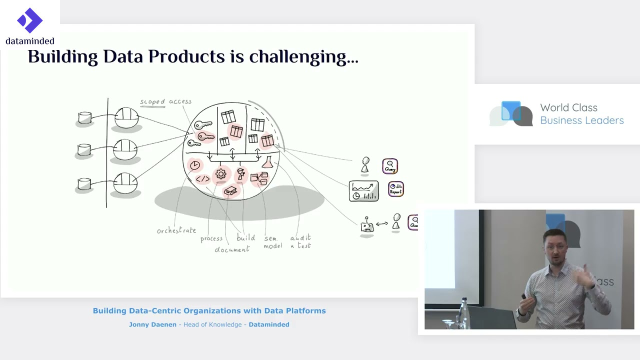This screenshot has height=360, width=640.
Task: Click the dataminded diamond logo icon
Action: click(29, 20)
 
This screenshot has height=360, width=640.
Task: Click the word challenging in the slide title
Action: click(303, 57)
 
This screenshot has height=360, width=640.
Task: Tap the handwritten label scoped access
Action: click(165, 101)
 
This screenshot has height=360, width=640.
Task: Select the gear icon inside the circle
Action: click(220, 174)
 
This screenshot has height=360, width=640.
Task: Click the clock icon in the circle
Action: click(195, 165)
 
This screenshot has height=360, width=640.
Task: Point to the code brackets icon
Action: click(202, 179)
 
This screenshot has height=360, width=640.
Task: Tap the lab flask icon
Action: click(268, 162)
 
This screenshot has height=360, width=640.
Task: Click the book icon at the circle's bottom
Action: click(230, 190)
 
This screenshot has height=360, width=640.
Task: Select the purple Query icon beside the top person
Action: click(390, 166)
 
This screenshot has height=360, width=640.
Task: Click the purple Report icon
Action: click(395, 189)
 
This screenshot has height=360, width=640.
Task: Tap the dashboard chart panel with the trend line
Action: click(363, 191)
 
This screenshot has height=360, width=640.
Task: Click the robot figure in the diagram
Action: click(367, 225)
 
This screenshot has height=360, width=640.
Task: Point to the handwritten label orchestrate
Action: click(176, 230)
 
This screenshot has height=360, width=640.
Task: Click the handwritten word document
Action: click(232, 249)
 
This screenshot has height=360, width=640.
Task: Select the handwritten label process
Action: click(211, 239)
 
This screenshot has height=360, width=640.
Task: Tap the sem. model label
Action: click(273, 242)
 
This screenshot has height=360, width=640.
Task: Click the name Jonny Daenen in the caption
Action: click(152, 324)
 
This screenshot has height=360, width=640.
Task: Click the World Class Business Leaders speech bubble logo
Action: click(511, 113)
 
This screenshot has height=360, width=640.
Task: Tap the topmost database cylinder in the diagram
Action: click(85, 118)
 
